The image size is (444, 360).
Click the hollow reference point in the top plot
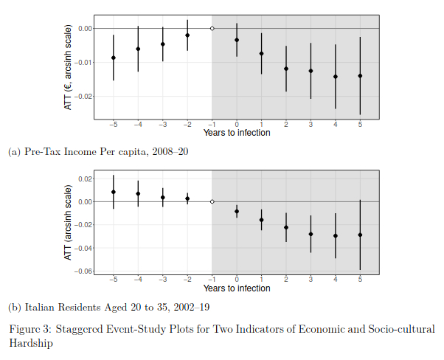pos(212,28)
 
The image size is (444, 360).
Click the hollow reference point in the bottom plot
pos(212,201)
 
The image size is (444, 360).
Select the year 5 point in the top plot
pos(360,75)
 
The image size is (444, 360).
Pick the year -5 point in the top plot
pos(113,58)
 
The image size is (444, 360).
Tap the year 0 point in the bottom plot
pos(237,211)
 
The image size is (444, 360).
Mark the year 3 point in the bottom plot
pos(311,234)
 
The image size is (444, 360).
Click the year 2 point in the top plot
pos(286,69)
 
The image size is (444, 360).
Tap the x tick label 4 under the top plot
pos(336,125)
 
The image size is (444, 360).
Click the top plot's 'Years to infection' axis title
pos(237,134)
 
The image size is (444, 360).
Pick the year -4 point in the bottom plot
pos(138,193)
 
